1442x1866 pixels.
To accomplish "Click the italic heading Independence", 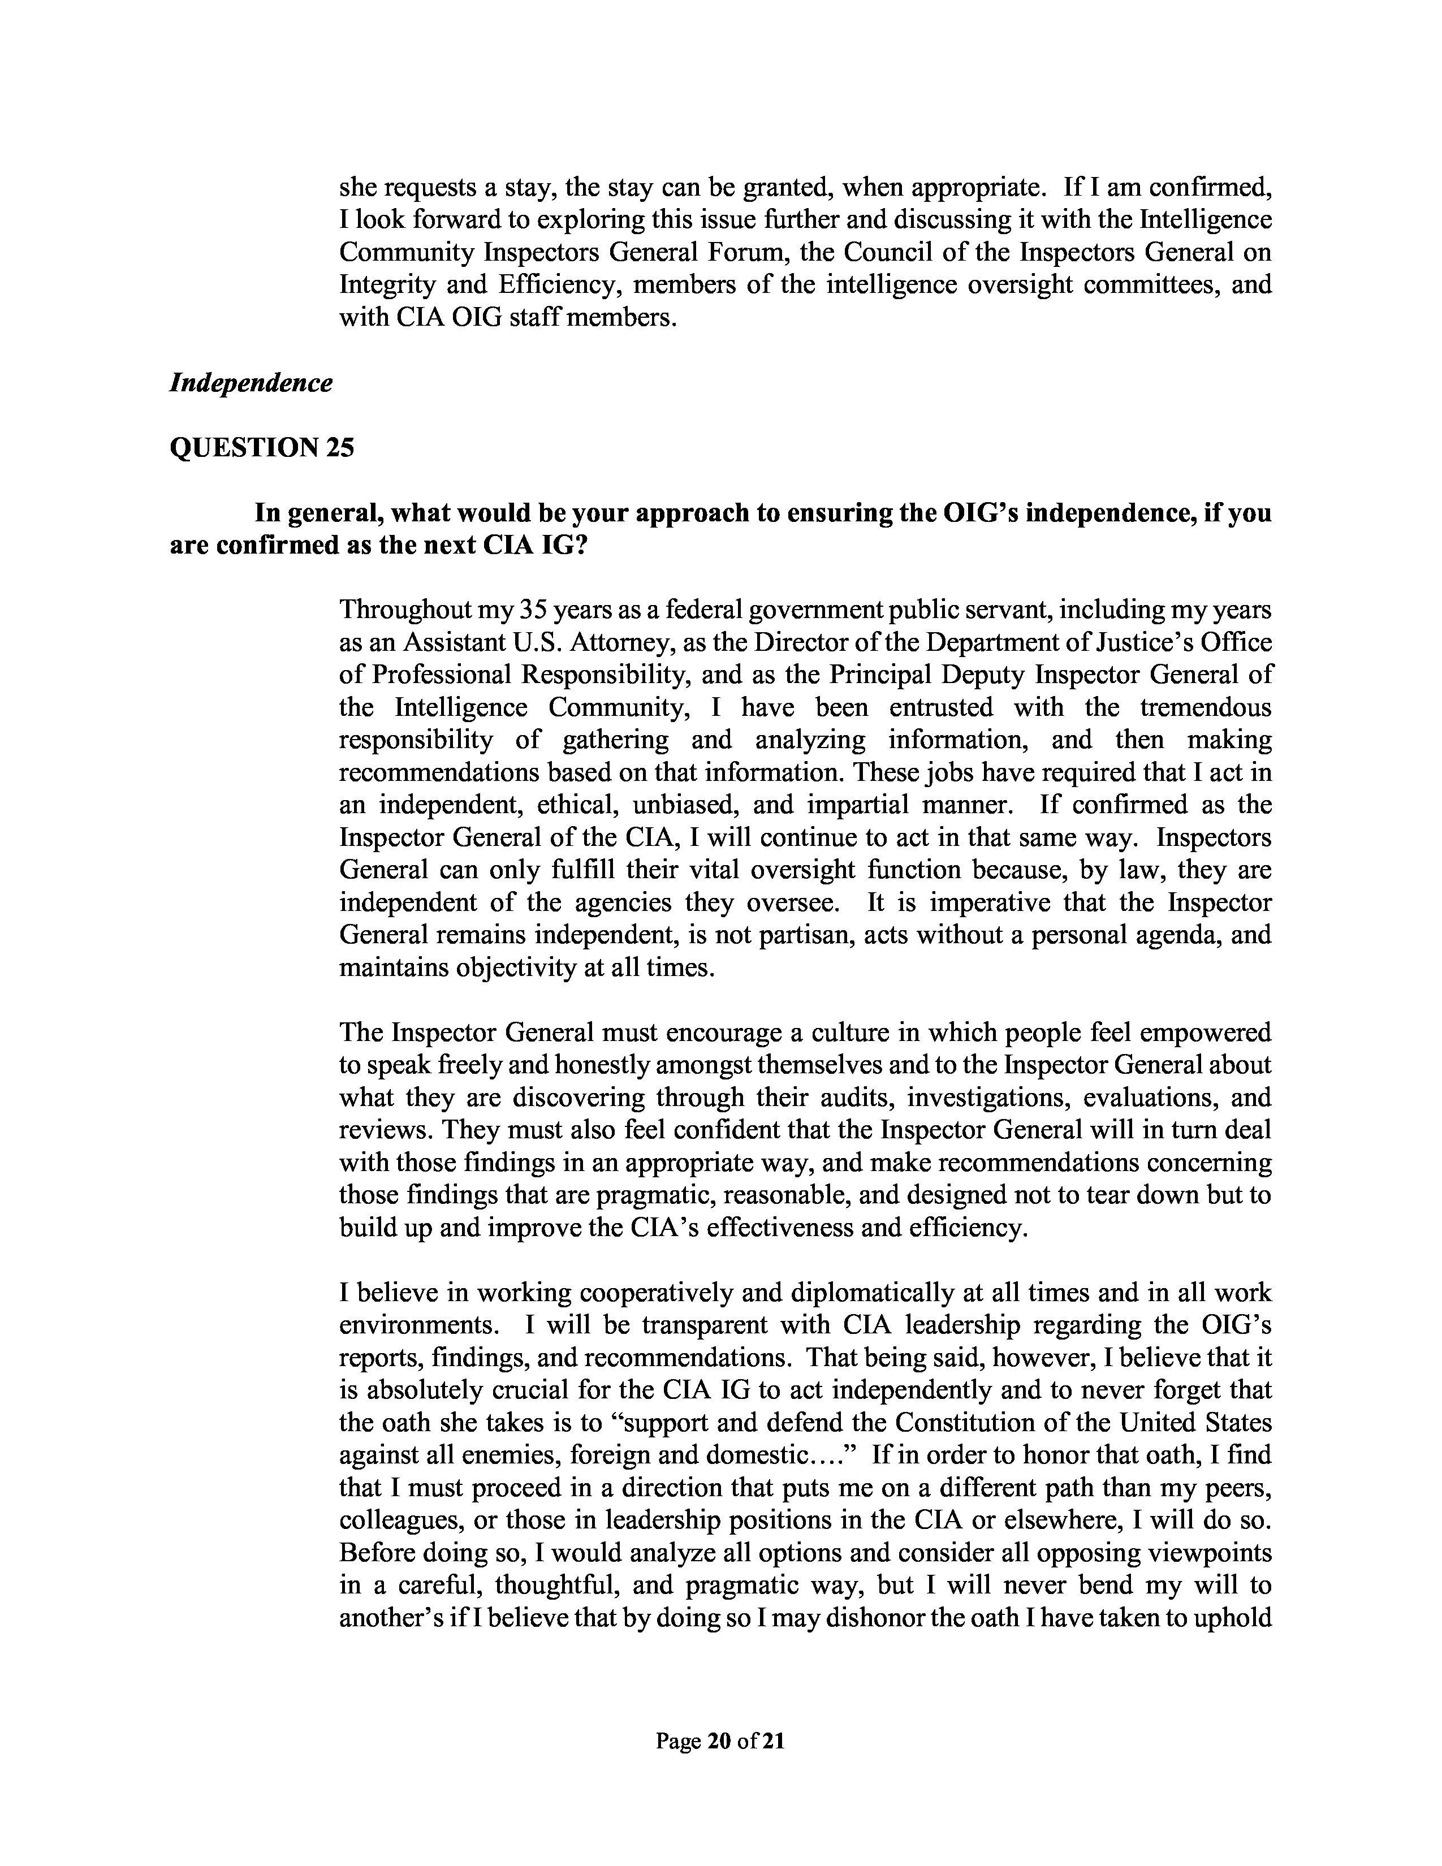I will pos(251,383).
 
